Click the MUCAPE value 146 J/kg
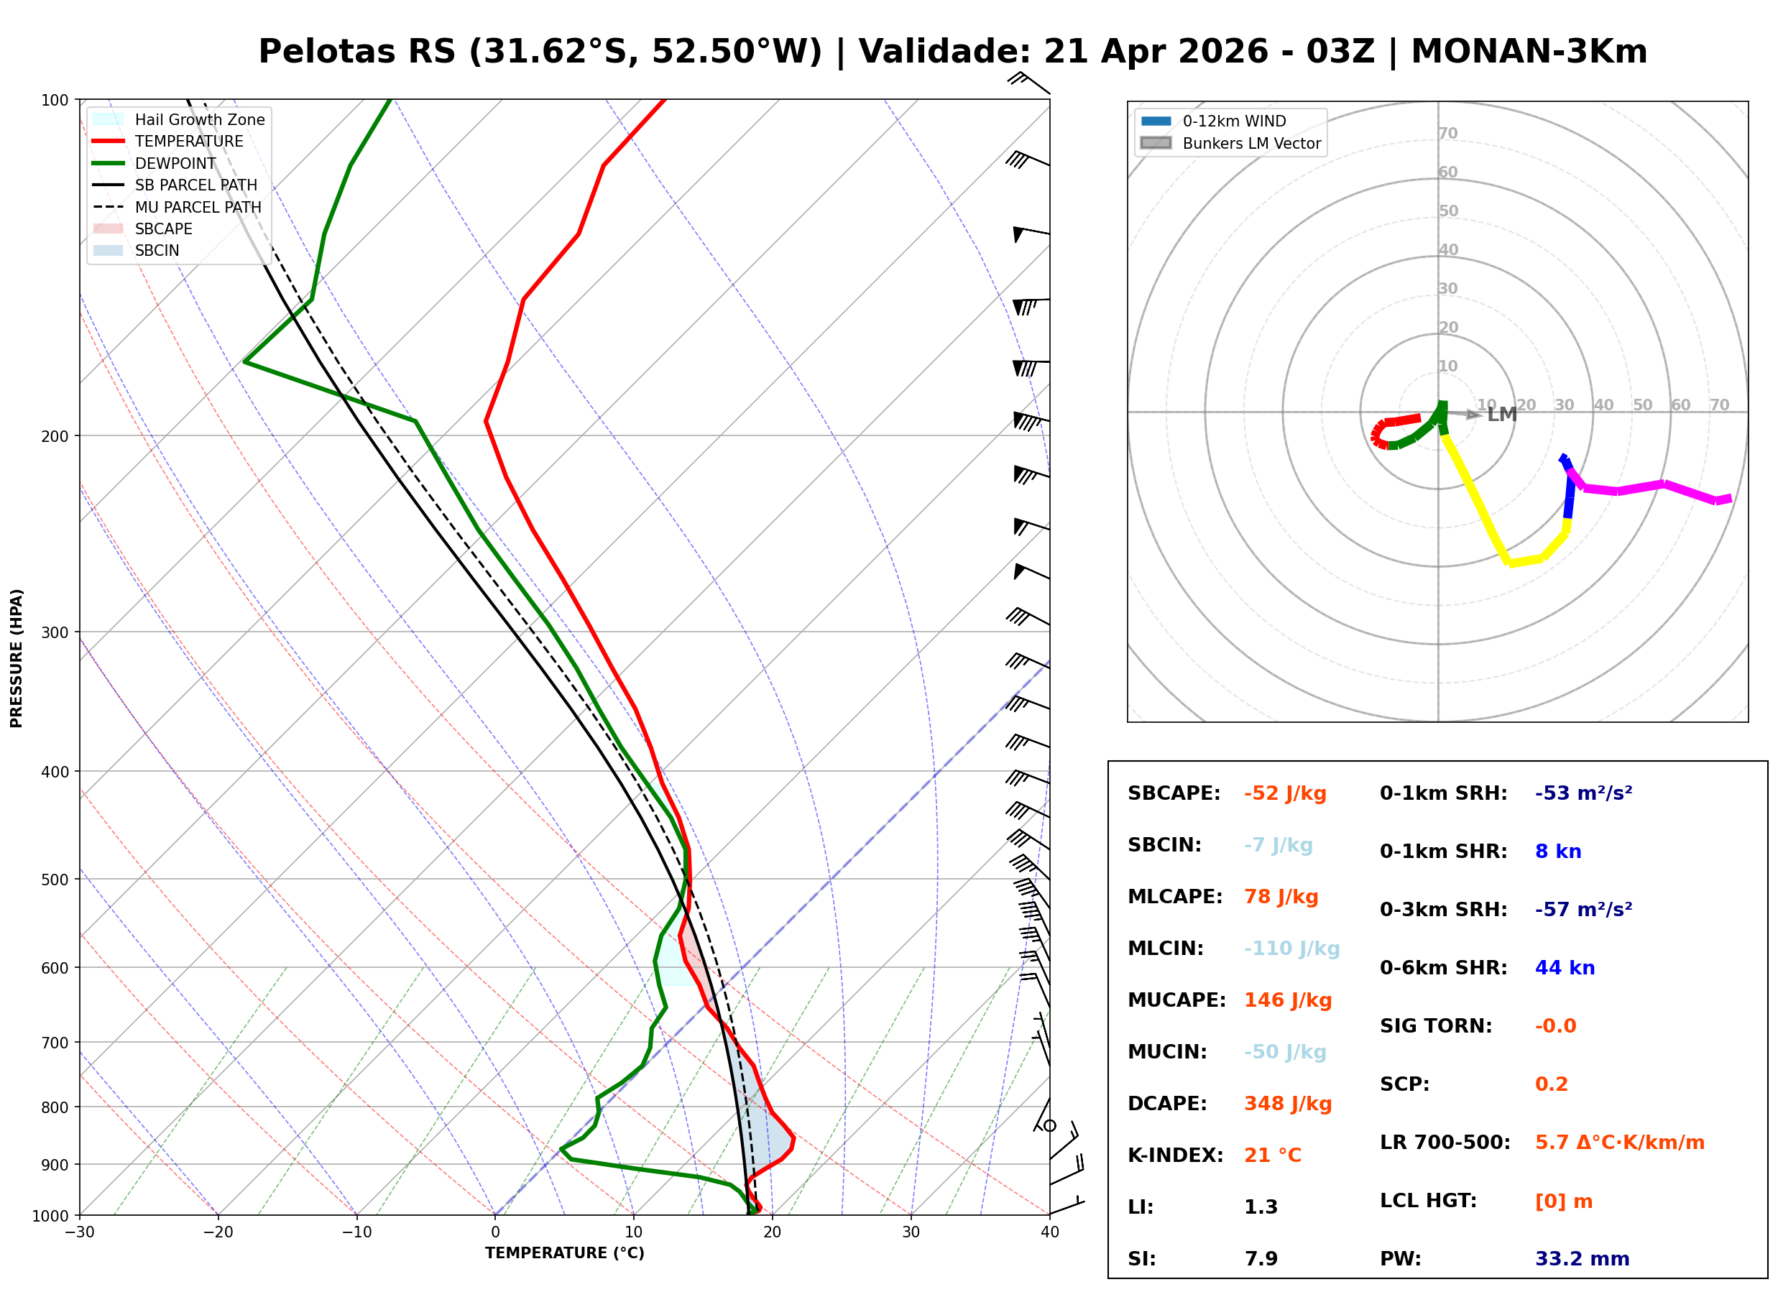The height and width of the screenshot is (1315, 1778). pos(1288,1000)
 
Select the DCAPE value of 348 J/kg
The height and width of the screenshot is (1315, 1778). pos(1288,1104)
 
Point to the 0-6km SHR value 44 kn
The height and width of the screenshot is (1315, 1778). pos(1565,968)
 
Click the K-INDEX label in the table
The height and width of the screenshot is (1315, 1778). pos(1175,1155)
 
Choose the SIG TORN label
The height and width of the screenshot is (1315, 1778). pos(1436,1026)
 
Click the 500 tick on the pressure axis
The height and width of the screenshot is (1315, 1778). pos(54,880)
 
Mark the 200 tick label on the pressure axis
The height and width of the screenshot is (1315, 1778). pos(54,436)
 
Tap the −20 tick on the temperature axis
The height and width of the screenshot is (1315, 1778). pos(217,1233)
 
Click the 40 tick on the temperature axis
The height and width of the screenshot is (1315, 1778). pos(1049,1233)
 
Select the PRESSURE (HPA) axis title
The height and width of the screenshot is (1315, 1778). pos(17,658)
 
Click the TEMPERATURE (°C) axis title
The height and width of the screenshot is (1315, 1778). pos(564,1254)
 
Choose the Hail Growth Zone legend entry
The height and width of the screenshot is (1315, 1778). pos(199,119)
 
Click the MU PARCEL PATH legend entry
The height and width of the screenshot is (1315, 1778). pos(198,207)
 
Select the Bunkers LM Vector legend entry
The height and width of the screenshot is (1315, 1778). pos(1251,143)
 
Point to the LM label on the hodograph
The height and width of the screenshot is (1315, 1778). pos(1502,415)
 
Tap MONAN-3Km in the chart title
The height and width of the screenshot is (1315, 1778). pos(1528,52)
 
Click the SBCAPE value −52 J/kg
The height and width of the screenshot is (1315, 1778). pos(1284,793)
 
